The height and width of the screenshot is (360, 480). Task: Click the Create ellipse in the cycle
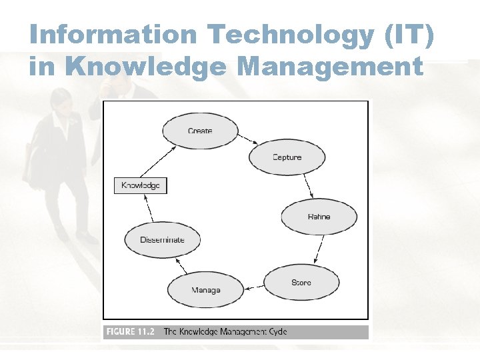pyautogui.click(x=200, y=131)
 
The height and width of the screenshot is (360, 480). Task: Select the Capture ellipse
pyautogui.click(x=287, y=157)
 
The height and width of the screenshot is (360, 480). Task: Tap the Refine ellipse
pyautogui.click(x=319, y=217)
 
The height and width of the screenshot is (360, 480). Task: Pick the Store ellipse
pyautogui.click(x=301, y=283)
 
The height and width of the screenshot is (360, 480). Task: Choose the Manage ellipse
pyautogui.click(x=205, y=290)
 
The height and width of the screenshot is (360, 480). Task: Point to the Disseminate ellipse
pyautogui.click(x=162, y=240)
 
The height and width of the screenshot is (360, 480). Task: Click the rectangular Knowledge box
pyautogui.click(x=140, y=185)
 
